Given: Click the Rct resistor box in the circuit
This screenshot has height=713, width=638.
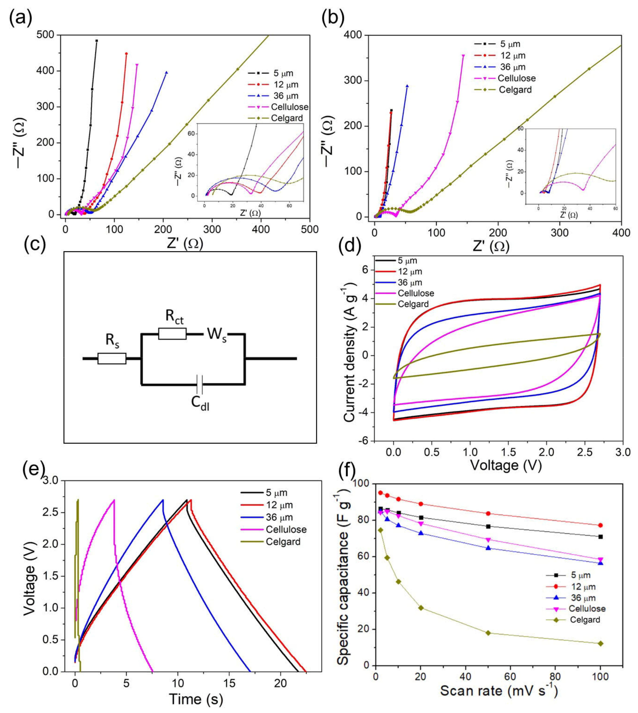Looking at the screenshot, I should (x=172, y=334).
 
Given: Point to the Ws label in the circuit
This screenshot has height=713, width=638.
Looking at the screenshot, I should (x=216, y=334).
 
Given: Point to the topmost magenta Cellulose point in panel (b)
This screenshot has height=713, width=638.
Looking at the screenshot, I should (x=463, y=55).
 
